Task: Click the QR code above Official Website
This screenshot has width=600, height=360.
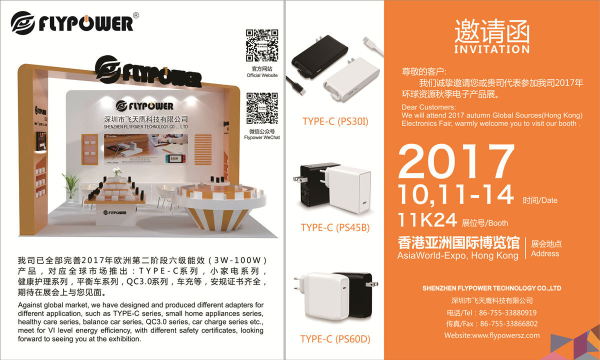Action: point(262,45)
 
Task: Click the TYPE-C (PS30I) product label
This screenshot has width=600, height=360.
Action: point(335,121)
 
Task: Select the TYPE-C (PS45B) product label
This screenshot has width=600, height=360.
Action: point(335,227)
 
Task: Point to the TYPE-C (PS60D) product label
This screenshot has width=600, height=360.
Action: point(335,339)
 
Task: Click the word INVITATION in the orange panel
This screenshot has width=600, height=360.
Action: point(491,49)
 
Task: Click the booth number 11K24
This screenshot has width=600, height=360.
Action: point(427,219)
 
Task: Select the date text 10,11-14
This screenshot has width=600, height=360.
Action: point(456,194)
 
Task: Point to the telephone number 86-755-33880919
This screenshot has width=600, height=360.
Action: point(508,312)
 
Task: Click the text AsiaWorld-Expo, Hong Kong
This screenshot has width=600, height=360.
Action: point(457,255)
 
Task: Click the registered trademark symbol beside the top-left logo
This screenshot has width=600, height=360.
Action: point(136,15)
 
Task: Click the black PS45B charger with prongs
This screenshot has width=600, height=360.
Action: point(314,185)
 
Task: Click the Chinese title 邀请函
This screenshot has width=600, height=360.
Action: point(491,31)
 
